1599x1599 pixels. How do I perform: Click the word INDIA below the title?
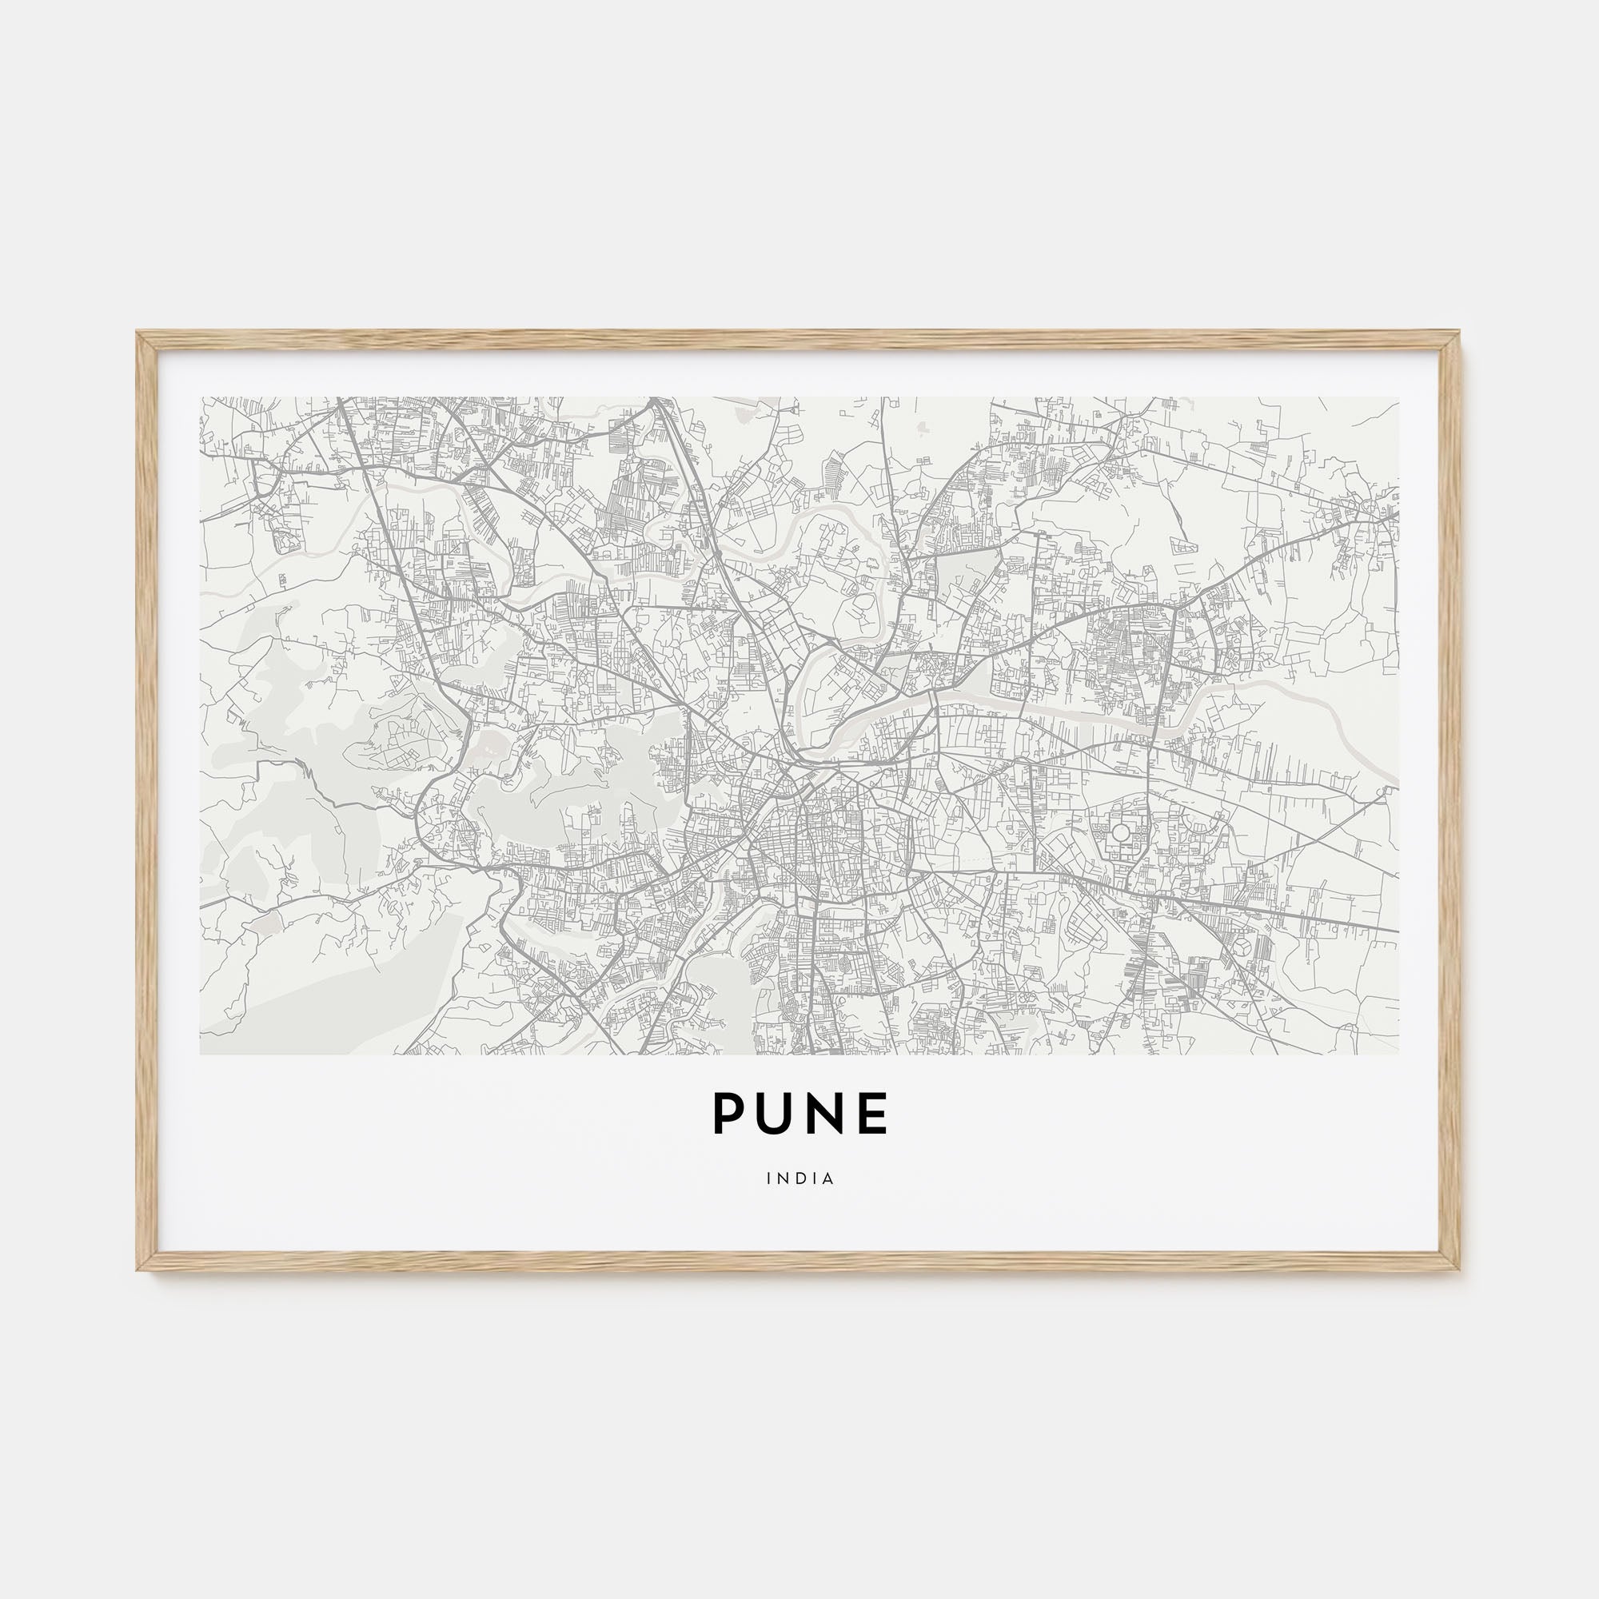point(799,1178)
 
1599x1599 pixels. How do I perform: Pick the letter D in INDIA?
point(800,1178)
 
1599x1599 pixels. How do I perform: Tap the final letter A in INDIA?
point(828,1178)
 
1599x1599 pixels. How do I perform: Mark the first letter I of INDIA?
point(769,1178)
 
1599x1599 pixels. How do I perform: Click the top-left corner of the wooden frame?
point(138,333)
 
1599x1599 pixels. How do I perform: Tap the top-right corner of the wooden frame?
point(1460,333)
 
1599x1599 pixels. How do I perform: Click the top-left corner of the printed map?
point(201,397)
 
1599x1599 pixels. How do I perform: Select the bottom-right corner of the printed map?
point(1398,1054)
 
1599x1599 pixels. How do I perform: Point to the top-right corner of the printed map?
point(1398,397)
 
